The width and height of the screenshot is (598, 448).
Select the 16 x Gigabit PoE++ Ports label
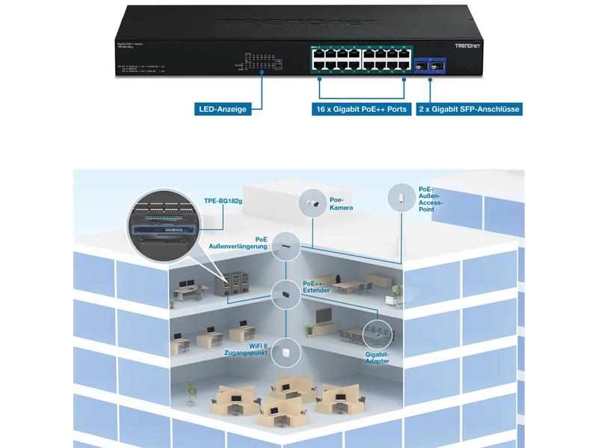(x=360, y=109)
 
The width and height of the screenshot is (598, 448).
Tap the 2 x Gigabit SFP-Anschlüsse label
(x=468, y=109)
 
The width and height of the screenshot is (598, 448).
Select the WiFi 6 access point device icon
(x=286, y=350)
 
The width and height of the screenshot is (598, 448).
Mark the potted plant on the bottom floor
(x=191, y=391)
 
